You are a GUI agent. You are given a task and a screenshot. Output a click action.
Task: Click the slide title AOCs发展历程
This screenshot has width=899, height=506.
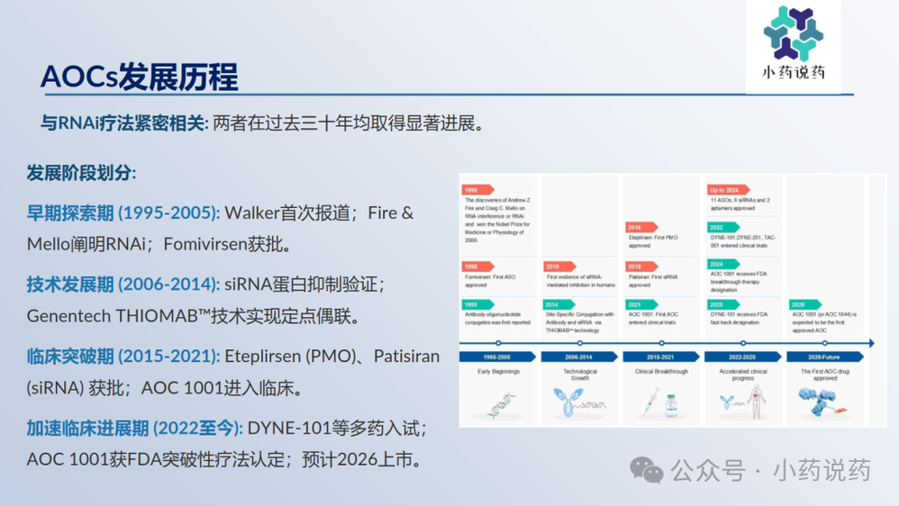tap(140, 77)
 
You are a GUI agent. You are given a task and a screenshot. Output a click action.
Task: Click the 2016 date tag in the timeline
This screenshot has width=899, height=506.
tap(635, 228)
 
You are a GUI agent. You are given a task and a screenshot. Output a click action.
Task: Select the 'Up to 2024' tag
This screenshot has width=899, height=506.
tap(723, 190)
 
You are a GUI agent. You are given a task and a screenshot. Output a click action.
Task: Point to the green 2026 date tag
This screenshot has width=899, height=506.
tap(798, 304)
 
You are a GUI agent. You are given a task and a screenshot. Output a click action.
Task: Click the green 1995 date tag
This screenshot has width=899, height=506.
tap(473, 304)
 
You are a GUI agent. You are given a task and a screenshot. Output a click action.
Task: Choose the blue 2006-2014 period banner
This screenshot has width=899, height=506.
tap(579, 357)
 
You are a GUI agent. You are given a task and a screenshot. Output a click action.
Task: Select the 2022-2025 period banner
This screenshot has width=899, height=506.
tap(742, 357)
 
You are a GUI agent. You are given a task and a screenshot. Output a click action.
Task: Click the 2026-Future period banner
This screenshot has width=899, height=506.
tap(824, 357)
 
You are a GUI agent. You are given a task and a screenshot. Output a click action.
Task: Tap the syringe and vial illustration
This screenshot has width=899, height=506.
tap(660, 402)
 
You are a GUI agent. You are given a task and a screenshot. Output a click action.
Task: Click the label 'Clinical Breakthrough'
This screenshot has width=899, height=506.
tap(661, 372)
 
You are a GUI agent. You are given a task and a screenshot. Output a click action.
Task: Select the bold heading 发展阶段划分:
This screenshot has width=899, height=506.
tap(81, 172)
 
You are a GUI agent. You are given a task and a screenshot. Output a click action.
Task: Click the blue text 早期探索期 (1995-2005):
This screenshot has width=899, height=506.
tap(123, 213)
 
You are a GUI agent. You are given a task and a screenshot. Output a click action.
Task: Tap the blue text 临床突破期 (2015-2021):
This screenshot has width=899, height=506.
tap(123, 357)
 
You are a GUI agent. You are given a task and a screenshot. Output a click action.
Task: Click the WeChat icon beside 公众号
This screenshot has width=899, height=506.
tap(646, 470)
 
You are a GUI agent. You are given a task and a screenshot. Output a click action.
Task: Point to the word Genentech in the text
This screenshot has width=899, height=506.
tap(71, 316)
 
